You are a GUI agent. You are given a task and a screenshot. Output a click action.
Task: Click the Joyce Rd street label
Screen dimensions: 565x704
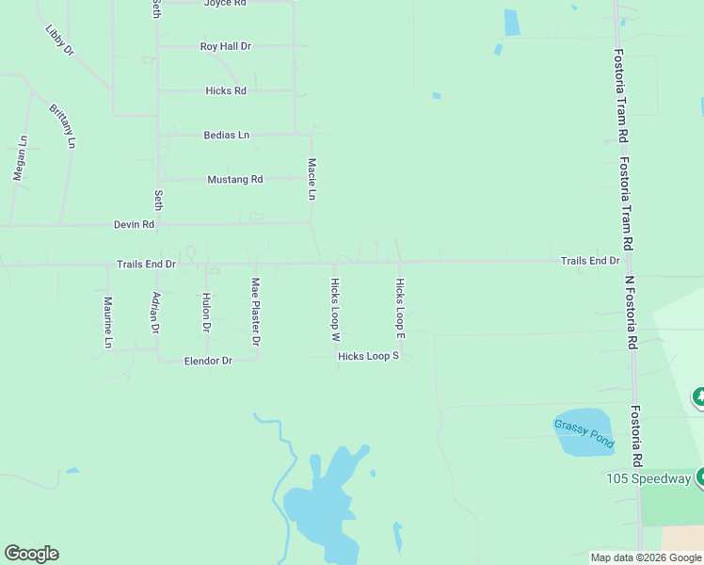(x=225, y=4)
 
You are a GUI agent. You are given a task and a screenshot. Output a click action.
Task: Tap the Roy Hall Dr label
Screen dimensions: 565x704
(x=226, y=46)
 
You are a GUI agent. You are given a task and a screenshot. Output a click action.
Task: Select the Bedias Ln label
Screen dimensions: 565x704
(x=226, y=136)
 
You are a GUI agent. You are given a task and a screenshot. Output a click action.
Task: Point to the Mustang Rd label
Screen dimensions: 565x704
(x=234, y=179)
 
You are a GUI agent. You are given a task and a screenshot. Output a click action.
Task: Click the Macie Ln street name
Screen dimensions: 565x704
(x=312, y=179)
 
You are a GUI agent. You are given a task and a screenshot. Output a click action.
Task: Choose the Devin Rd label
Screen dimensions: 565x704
(x=134, y=225)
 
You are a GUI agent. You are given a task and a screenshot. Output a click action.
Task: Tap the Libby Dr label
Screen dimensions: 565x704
(x=59, y=40)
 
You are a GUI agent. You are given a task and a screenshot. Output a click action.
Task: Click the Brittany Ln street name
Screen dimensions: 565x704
(x=62, y=126)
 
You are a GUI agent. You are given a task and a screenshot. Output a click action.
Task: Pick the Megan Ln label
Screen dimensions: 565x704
(x=20, y=158)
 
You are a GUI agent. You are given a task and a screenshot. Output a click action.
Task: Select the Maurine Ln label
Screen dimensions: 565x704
(x=108, y=322)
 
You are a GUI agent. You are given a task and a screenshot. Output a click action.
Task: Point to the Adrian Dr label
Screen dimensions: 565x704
(x=156, y=312)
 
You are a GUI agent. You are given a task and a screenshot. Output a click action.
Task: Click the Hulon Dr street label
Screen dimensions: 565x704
(x=206, y=312)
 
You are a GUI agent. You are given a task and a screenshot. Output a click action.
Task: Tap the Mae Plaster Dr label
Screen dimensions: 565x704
(x=255, y=312)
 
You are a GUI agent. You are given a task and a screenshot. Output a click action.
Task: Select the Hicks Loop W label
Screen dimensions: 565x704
(x=335, y=309)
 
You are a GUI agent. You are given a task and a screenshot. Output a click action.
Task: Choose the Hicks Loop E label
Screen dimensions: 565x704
(x=400, y=309)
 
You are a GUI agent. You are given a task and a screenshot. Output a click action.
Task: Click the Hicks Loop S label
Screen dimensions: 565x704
(x=369, y=356)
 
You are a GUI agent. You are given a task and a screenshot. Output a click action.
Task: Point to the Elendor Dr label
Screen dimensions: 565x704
(x=208, y=361)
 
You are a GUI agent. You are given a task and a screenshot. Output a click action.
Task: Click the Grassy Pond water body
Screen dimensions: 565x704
(x=584, y=433)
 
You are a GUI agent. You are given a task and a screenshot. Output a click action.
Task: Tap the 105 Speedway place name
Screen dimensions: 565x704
(x=648, y=479)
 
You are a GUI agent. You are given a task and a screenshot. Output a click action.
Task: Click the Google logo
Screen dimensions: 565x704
(x=31, y=554)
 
